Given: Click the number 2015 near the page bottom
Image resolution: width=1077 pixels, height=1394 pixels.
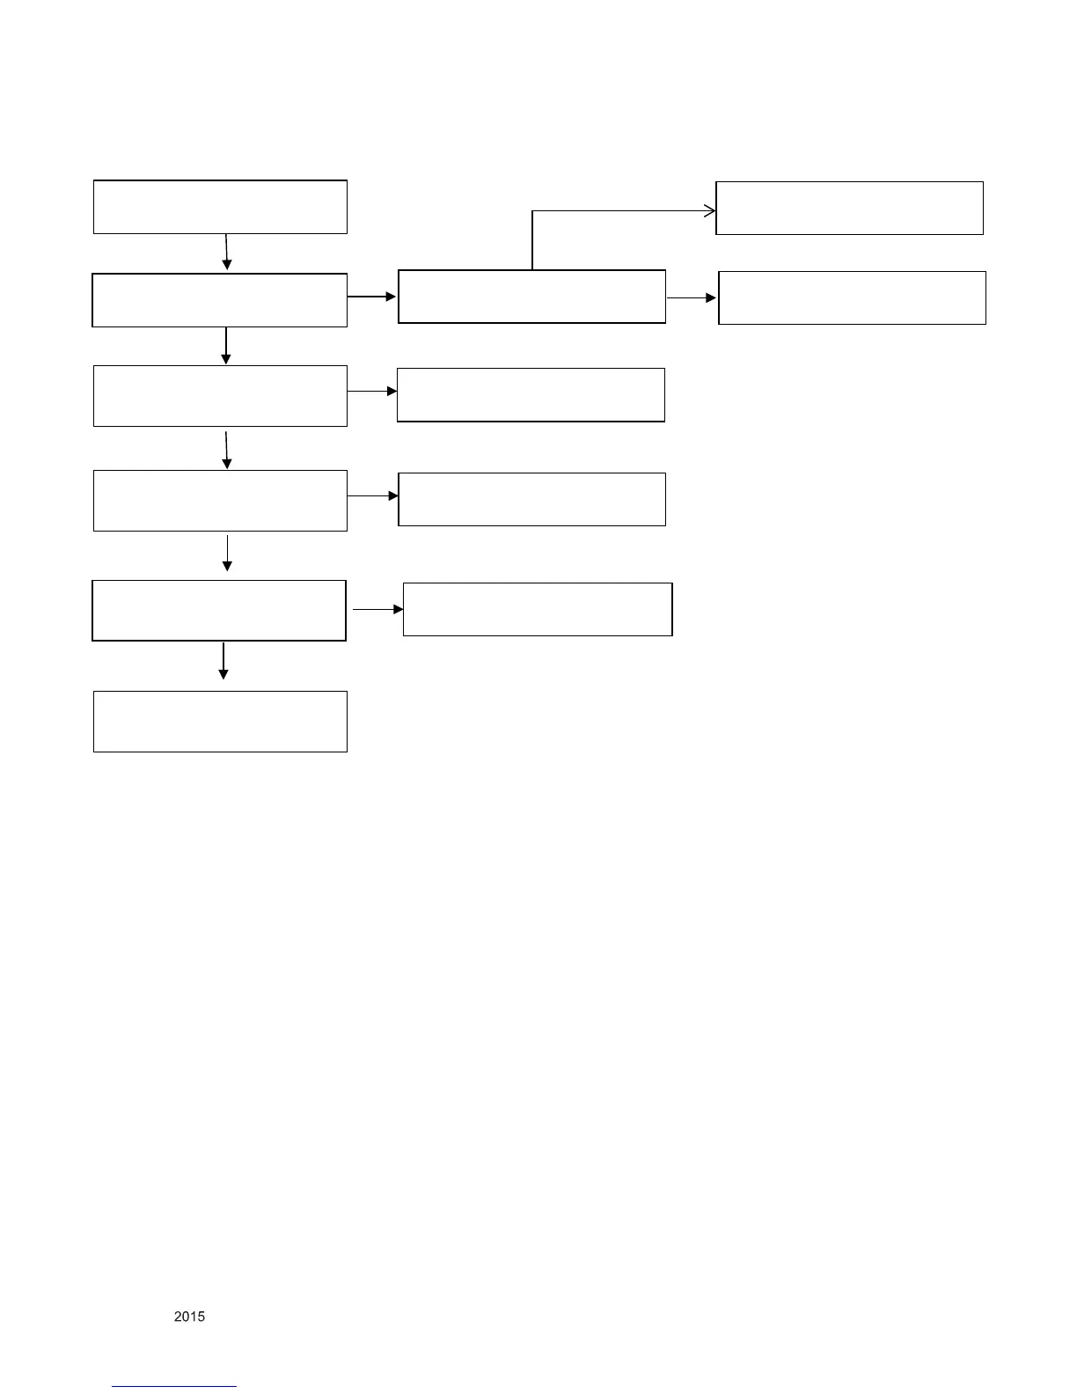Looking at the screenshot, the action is (x=189, y=1317).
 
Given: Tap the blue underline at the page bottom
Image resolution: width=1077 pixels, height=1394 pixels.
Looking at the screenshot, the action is (x=174, y=1386).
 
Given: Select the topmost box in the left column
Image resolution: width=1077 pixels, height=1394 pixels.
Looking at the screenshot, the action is (x=220, y=207).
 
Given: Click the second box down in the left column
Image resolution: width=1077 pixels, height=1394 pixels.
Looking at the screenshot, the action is (x=220, y=300).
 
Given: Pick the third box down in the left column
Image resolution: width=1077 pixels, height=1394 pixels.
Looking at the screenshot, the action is (x=220, y=396).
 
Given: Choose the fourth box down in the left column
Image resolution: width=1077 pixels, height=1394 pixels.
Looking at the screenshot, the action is (x=220, y=501).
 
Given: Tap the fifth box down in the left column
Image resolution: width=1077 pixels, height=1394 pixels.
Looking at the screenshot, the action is (x=219, y=610).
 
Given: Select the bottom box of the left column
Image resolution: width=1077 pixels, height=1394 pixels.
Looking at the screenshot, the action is (x=220, y=722).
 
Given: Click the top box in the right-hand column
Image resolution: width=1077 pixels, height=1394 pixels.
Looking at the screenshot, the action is (x=849, y=209).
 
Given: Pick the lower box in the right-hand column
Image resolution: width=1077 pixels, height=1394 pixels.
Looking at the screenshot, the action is (x=852, y=298).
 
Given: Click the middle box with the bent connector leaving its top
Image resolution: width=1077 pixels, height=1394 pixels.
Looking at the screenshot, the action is (x=531, y=297).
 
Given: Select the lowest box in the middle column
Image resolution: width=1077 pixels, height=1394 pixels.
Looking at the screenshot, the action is (x=538, y=609).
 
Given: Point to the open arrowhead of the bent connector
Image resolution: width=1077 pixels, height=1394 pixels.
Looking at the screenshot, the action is (x=709, y=211).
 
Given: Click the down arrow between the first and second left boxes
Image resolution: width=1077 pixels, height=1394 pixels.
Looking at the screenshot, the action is (x=227, y=252).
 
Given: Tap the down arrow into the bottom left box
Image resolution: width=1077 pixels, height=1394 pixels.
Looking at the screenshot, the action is (x=223, y=661).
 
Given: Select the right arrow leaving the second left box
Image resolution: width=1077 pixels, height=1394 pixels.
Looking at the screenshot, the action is (x=372, y=297).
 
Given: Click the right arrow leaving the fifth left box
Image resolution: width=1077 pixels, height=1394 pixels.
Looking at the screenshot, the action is (x=378, y=609).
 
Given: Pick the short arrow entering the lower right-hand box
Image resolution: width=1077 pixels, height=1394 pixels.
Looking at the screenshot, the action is (x=692, y=298).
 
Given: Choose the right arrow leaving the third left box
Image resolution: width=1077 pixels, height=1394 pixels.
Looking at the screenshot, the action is (x=372, y=391).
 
